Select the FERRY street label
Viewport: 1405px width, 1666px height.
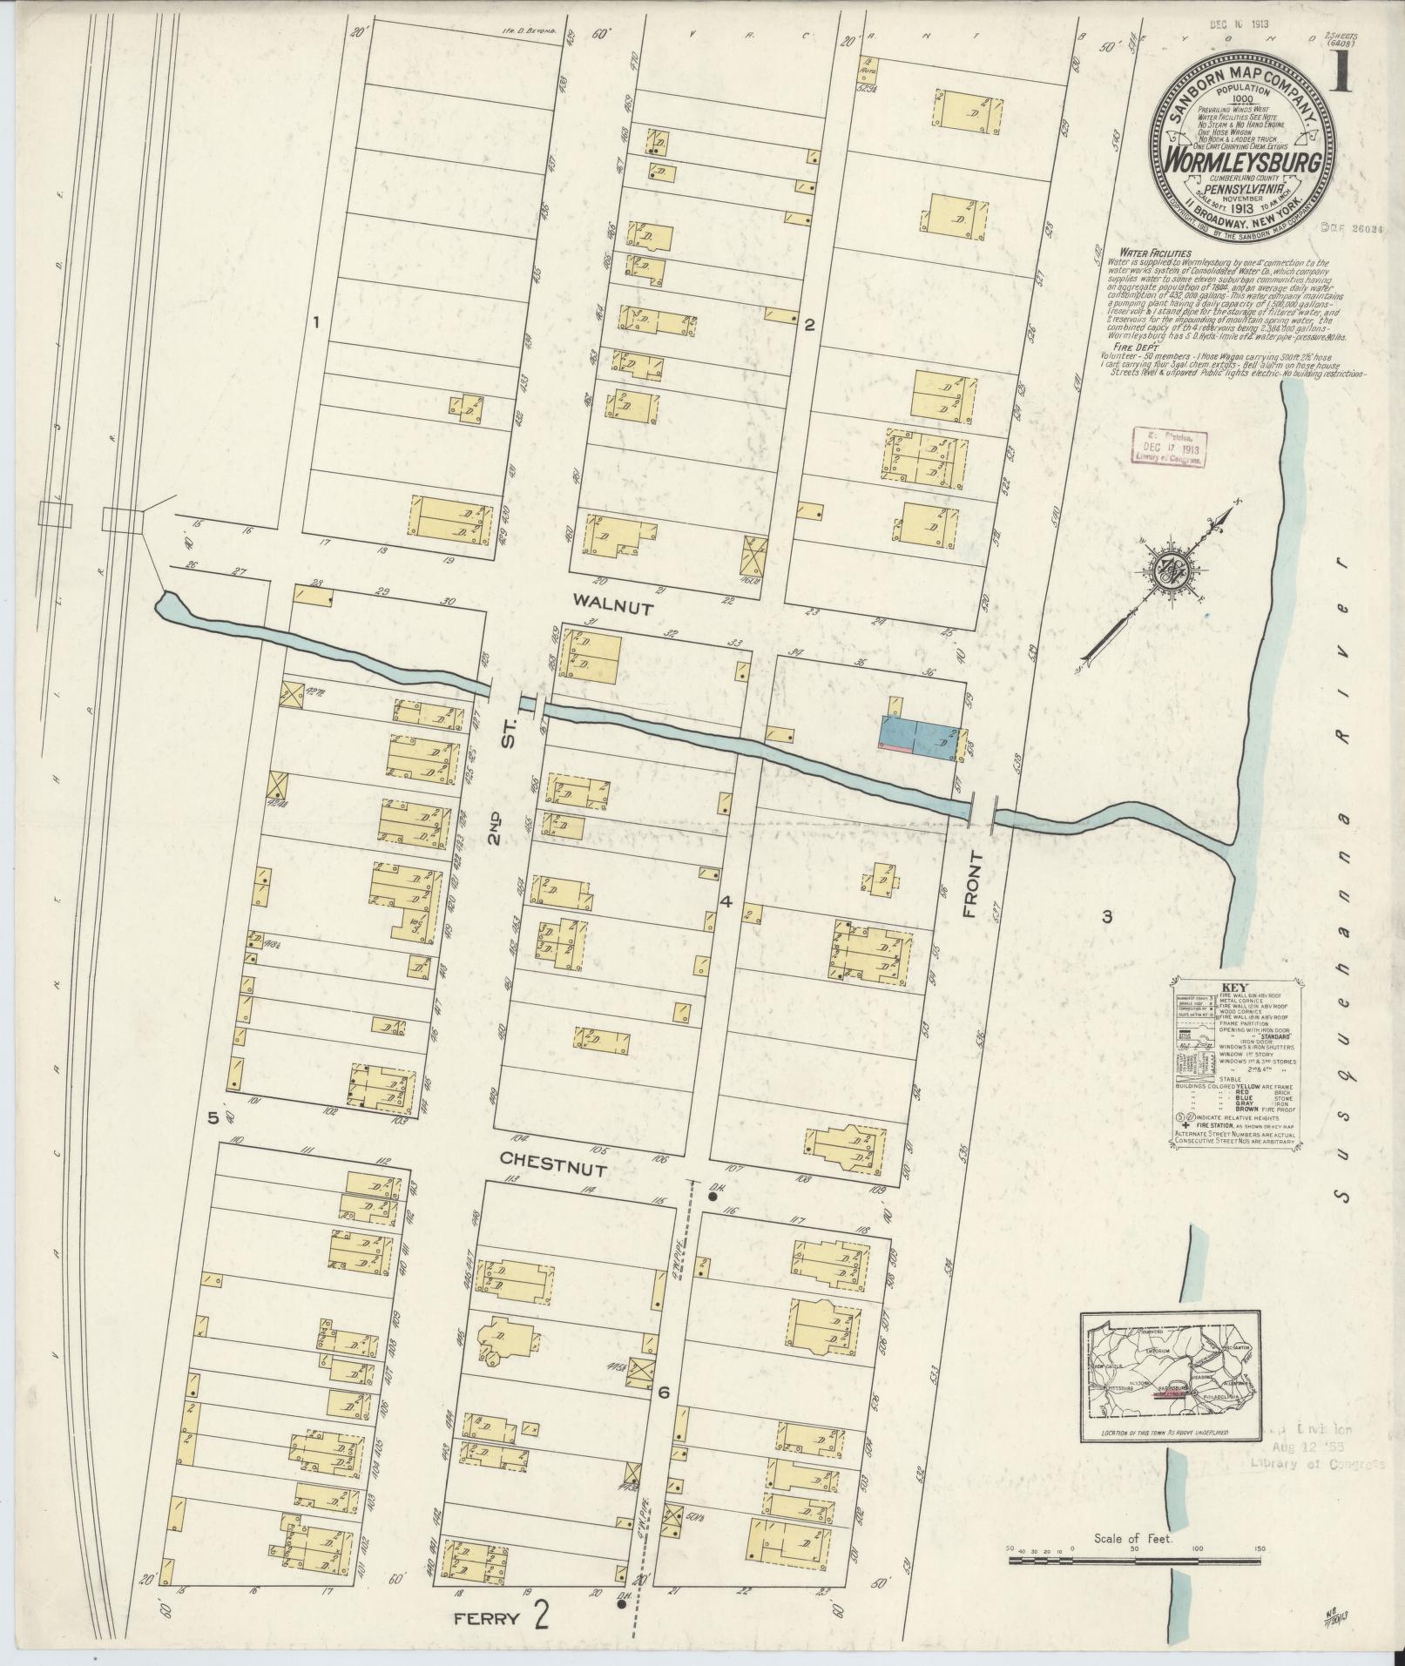(x=488, y=1620)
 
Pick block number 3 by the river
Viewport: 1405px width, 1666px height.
(x=1107, y=916)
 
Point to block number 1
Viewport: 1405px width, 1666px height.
(x=317, y=323)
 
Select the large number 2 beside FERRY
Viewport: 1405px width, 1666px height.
(x=542, y=1617)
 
